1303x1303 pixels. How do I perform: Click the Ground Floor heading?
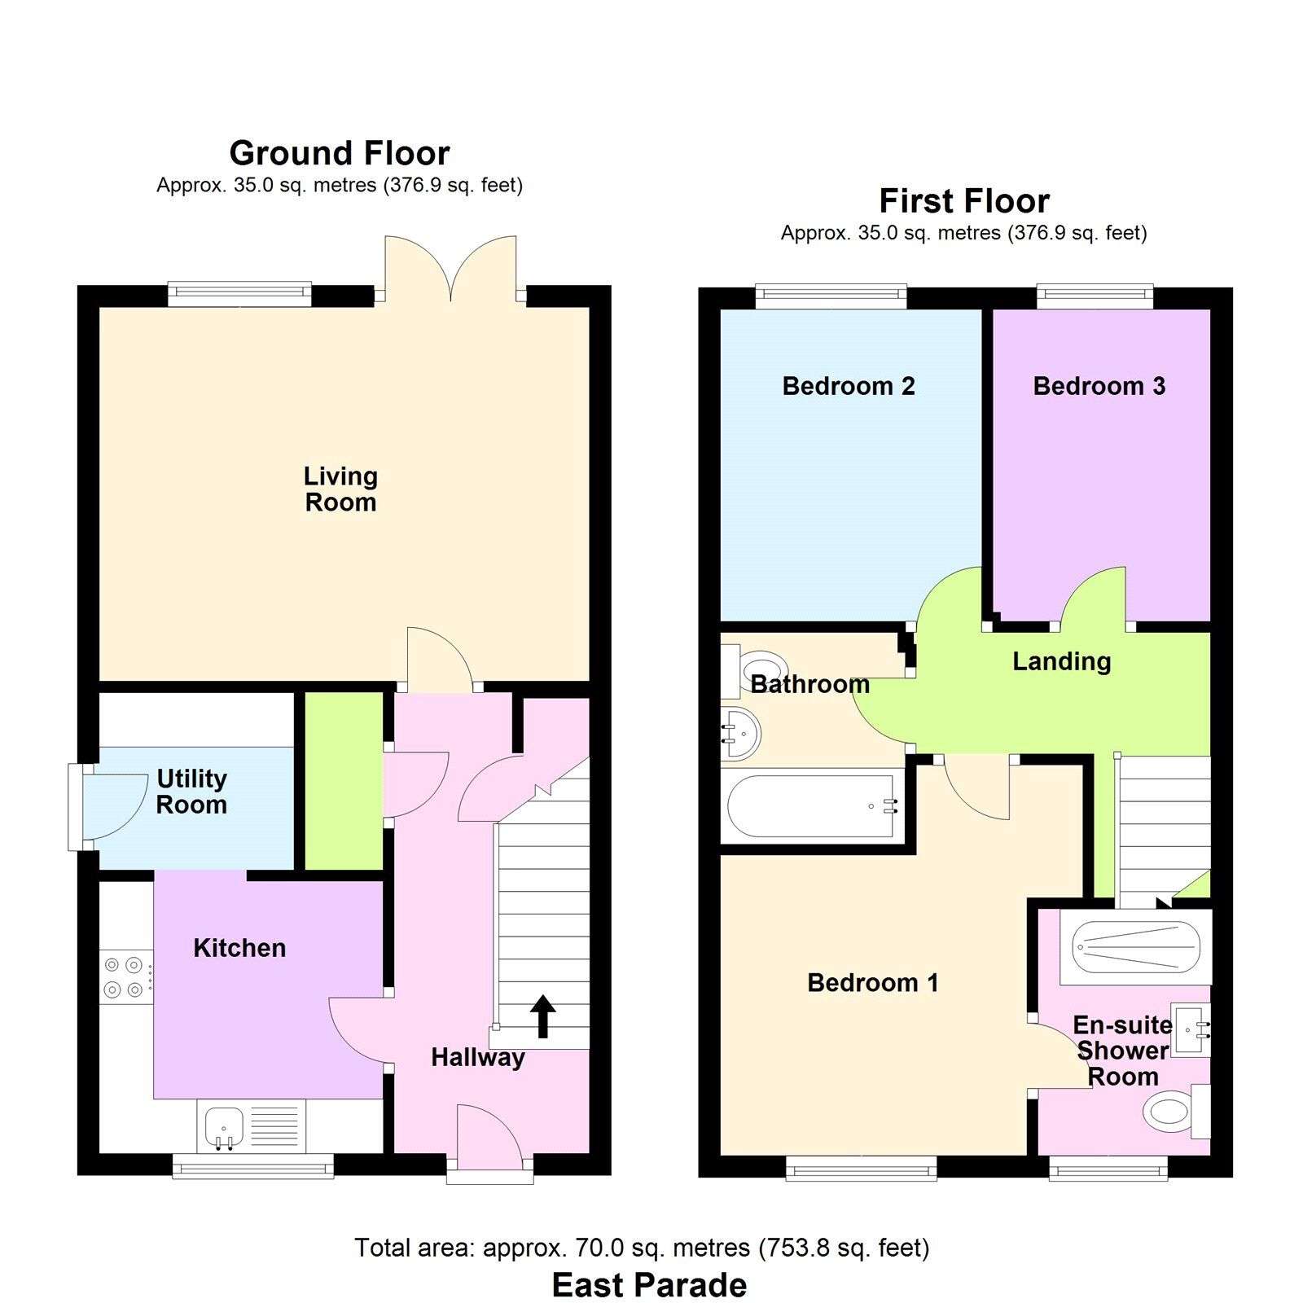coord(340,153)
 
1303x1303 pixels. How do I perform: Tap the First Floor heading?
coord(964,201)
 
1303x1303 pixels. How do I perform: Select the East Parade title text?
coord(649,1285)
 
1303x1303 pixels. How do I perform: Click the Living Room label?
coord(340,489)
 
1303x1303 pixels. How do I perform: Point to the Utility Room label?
coord(191,792)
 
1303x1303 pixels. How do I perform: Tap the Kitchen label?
coord(239,948)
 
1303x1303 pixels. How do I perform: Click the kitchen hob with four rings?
coord(125,977)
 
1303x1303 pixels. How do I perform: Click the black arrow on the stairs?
coord(543,1016)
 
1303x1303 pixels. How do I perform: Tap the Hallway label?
coord(478,1057)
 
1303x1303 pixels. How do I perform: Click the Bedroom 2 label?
coord(849,386)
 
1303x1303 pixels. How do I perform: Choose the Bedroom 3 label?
coord(1099,386)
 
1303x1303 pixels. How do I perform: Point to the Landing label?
coord(1061,661)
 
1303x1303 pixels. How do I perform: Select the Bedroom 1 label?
coord(872,983)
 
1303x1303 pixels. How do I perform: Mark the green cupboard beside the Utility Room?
coord(344,780)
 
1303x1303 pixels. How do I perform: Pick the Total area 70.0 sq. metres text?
coord(642,1248)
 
